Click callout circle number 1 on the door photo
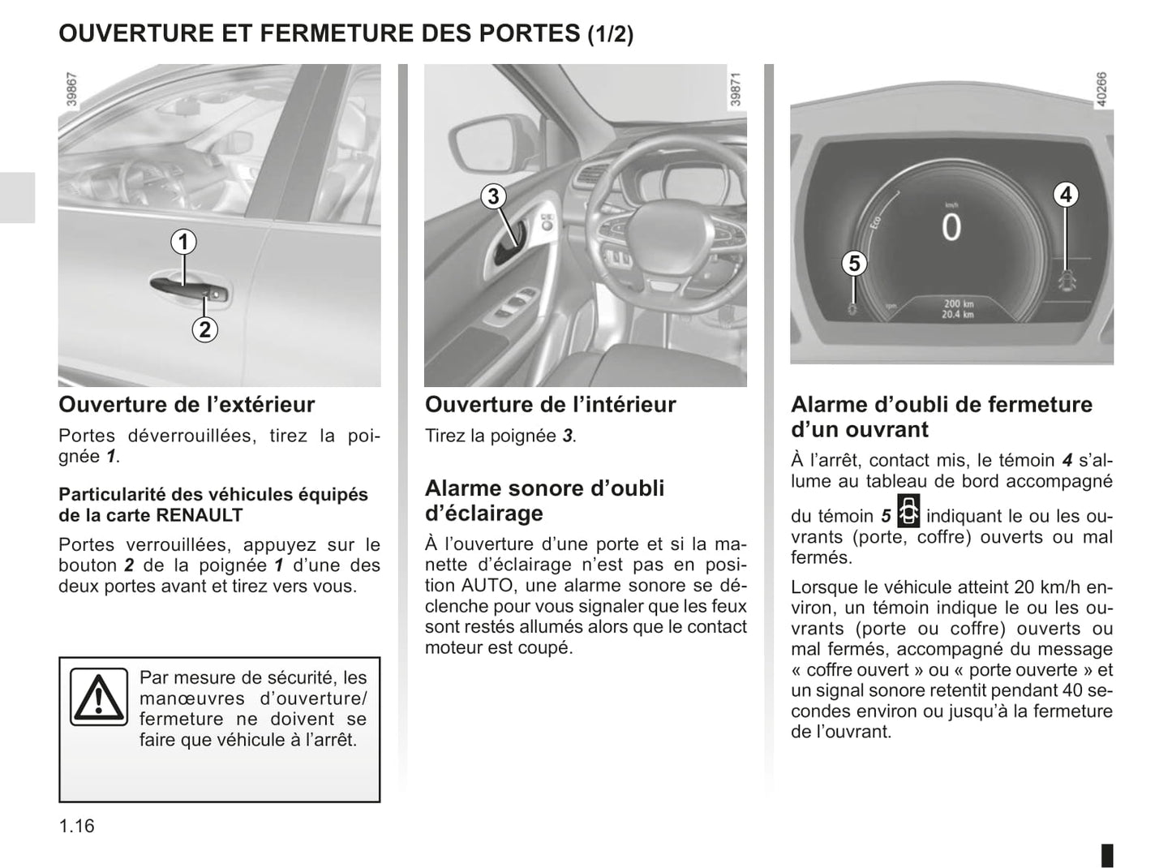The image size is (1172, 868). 183,242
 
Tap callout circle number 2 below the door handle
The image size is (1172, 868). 204,329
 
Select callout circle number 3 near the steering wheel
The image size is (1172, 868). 493,196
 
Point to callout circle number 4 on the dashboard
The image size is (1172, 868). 1066,195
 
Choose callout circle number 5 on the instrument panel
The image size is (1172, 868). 853,264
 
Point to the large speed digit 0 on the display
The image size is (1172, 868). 951,228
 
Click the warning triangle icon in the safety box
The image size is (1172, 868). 98,697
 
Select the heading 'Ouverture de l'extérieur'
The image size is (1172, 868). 187,404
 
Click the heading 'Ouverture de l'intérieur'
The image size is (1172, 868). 550,404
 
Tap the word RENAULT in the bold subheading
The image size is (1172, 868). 199,515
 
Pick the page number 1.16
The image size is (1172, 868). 76,826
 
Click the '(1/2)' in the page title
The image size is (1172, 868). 610,35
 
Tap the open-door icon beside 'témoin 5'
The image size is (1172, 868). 908,512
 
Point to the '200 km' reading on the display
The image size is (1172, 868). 958,303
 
